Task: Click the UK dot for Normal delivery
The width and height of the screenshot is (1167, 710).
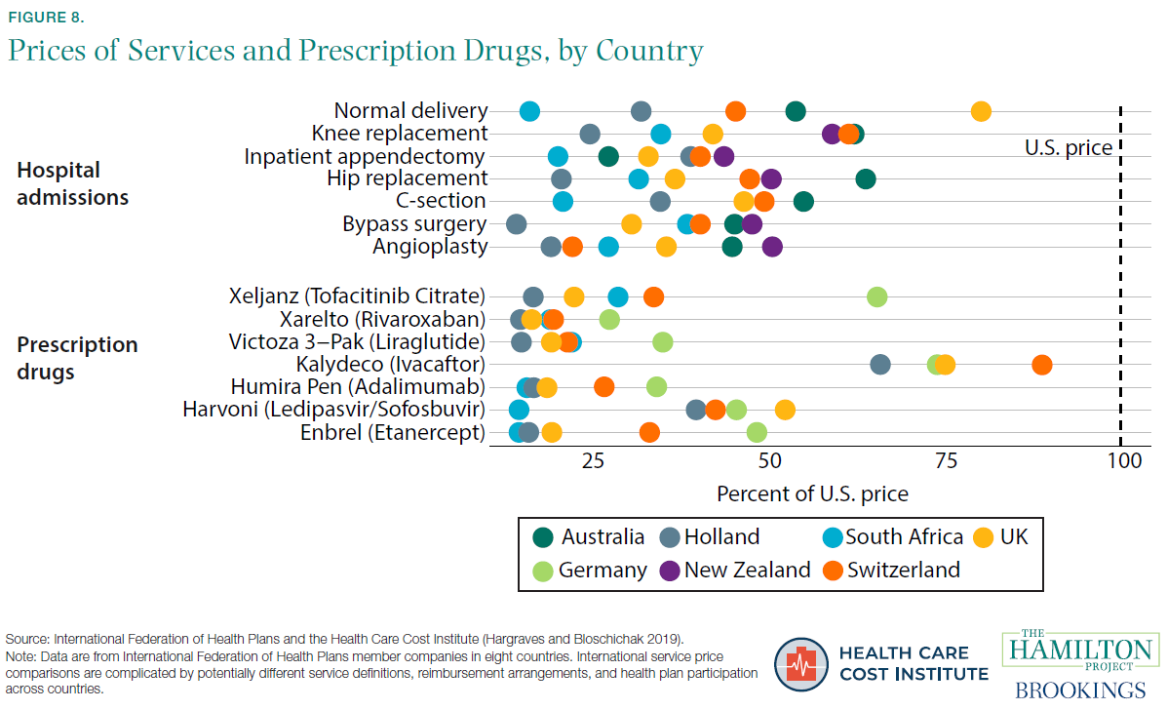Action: [x=981, y=111]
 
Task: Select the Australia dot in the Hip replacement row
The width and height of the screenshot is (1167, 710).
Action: [x=866, y=178]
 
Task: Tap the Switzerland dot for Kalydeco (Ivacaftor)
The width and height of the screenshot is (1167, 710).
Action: [x=1042, y=365]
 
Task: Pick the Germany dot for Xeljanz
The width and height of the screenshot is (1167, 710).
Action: [x=877, y=297]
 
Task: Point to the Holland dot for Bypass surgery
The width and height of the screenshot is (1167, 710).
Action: [x=517, y=224]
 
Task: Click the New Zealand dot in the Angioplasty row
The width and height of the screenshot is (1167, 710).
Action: [x=772, y=247]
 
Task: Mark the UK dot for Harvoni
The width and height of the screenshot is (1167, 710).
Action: [x=785, y=410]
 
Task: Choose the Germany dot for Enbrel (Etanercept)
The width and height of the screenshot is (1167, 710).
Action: [x=757, y=432]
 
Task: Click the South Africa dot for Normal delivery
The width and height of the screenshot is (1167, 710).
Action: [x=529, y=111]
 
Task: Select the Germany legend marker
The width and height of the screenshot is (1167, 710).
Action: [x=544, y=570]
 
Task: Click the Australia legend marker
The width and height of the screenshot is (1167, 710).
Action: [x=544, y=536]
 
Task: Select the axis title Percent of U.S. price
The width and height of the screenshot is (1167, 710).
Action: [x=812, y=493]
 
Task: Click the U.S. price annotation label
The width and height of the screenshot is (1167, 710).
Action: [x=1068, y=148]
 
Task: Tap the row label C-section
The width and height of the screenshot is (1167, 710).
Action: [x=441, y=201]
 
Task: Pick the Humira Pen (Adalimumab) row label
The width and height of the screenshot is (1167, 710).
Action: [x=358, y=387]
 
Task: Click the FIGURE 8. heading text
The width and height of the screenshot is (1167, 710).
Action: [x=50, y=17]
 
